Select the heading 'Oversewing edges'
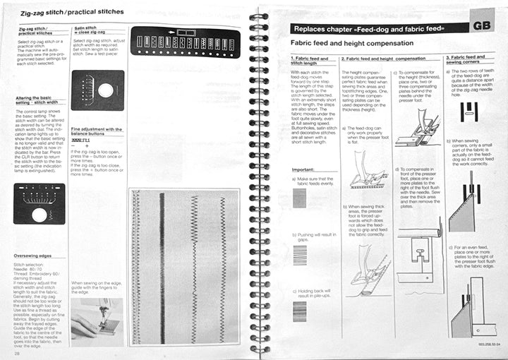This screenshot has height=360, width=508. coord(36,256)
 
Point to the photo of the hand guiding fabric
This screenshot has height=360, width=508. coord(97,318)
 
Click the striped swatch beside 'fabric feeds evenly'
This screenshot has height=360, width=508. coord(300,198)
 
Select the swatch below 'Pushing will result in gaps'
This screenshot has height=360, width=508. coord(300,256)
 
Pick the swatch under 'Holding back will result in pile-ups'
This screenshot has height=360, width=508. coord(300,311)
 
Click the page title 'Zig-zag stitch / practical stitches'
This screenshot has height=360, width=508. coord(68,12)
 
